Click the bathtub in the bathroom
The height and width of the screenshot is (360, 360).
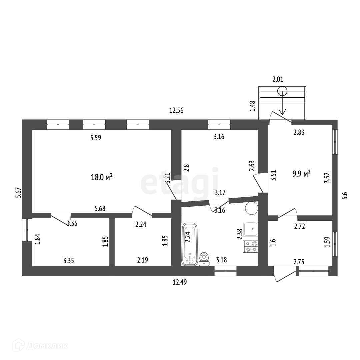pyautogui.click(x=190, y=244)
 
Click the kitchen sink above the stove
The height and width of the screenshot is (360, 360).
pyautogui.click(x=251, y=229)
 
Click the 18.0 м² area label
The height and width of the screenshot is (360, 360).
pyautogui.click(x=102, y=177)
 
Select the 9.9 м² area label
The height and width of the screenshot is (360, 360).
pyautogui.click(x=302, y=173)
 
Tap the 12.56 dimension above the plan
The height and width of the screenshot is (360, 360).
pyautogui.click(x=177, y=111)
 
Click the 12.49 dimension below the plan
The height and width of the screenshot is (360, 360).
pyautogui.click(x=179, y=282)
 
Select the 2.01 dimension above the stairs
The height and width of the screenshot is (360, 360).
pyautogui.click(x=278, y=79)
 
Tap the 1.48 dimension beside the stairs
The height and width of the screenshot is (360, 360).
pyautogui.click(x=252, y=106)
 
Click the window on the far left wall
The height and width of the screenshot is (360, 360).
pyautogui.click(x=27, y=229)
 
